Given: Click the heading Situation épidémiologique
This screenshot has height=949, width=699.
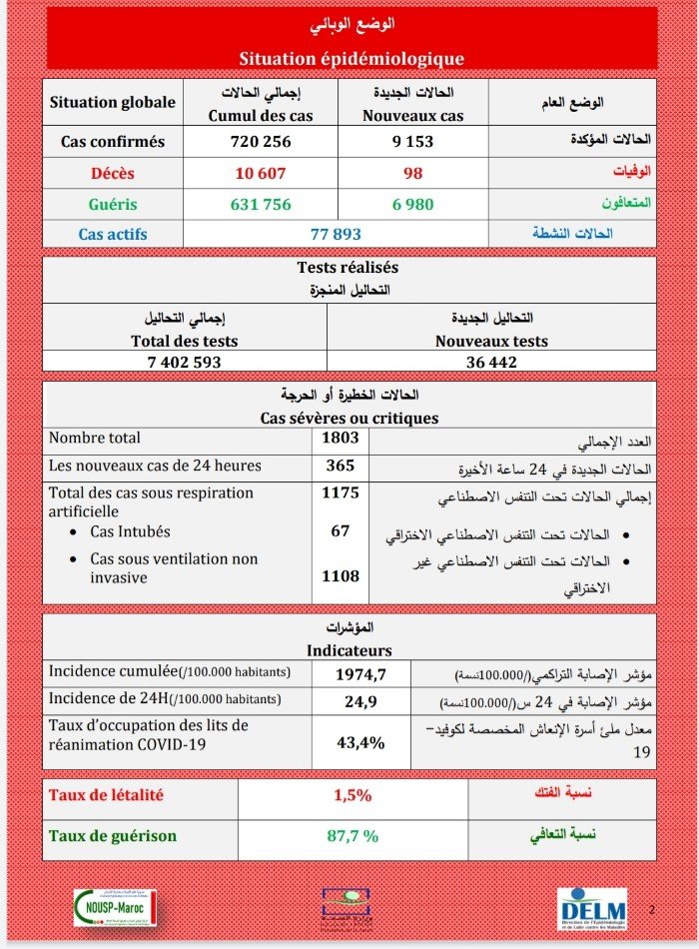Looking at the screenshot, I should tap(350, 59).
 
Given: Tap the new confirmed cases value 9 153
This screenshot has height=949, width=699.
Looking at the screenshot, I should tap(411, 142).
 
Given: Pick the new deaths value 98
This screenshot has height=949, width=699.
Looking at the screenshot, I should tap(411, 173).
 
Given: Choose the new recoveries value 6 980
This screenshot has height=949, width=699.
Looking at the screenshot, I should tap(411, 204).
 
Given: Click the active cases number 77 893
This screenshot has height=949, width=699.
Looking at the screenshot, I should tap(336, 234).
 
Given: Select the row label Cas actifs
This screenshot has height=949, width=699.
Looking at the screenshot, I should tap(113, 234).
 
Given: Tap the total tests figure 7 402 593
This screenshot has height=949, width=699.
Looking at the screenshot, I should tap(185, 362).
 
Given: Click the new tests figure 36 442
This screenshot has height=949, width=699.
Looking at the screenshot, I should tap(491, 362).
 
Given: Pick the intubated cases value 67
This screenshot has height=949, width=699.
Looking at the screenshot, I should tap(341, 530).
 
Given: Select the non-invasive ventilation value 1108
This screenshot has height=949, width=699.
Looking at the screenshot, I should tap(341, 576).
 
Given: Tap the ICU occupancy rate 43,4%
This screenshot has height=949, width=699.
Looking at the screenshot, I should tap(360, 742).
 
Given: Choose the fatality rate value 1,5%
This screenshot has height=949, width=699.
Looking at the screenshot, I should tap(352, 796).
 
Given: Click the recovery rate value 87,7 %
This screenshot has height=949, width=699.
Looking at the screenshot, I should tap(352, 836).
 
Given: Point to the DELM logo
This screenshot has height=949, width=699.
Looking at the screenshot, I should tap(592, 909).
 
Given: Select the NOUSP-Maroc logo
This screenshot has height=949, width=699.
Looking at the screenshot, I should tap(115, 907).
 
